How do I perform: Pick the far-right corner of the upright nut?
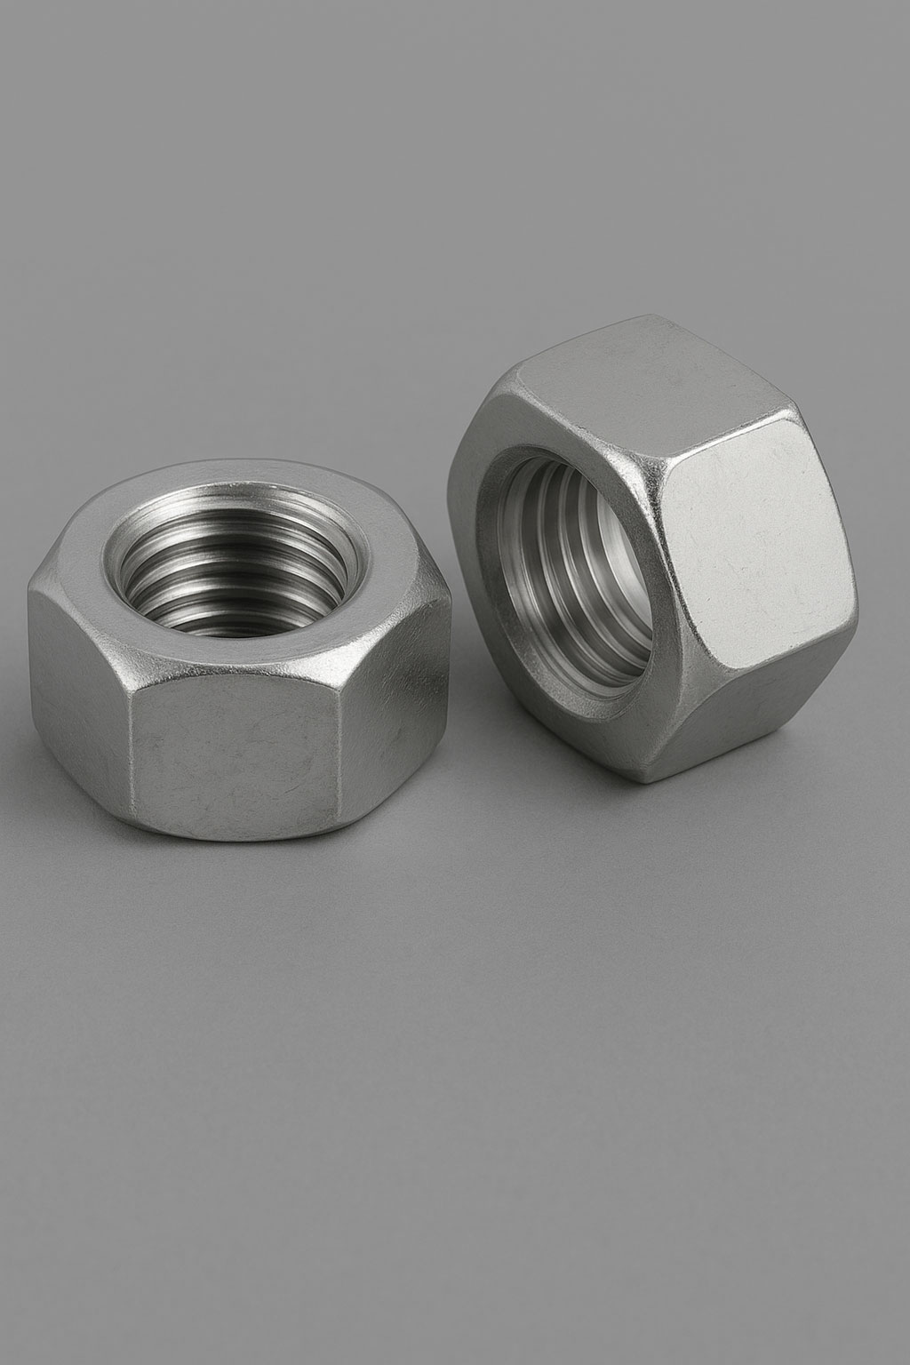coord(858,613)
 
